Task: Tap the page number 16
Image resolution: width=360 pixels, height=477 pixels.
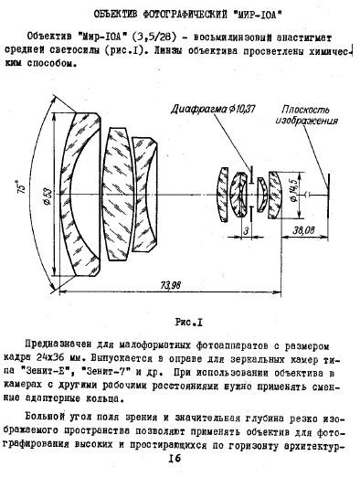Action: click(x=176, y=465)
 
